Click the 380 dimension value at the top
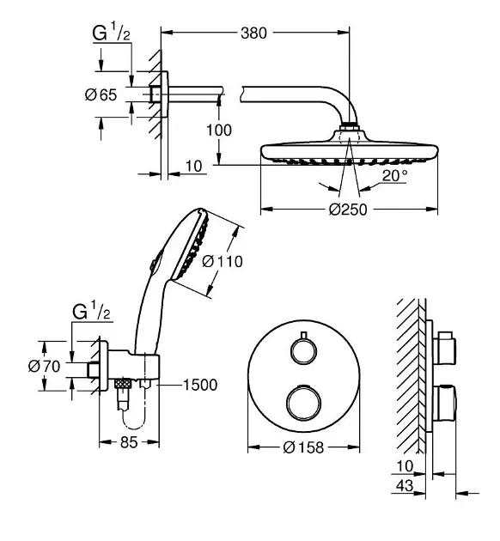253,33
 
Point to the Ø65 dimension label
101,94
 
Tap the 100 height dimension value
219,130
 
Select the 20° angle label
394,176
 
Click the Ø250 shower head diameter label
348,210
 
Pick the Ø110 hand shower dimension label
223,261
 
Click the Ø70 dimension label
44,366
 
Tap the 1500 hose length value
200,385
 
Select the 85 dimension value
129,442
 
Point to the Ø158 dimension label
303,447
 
